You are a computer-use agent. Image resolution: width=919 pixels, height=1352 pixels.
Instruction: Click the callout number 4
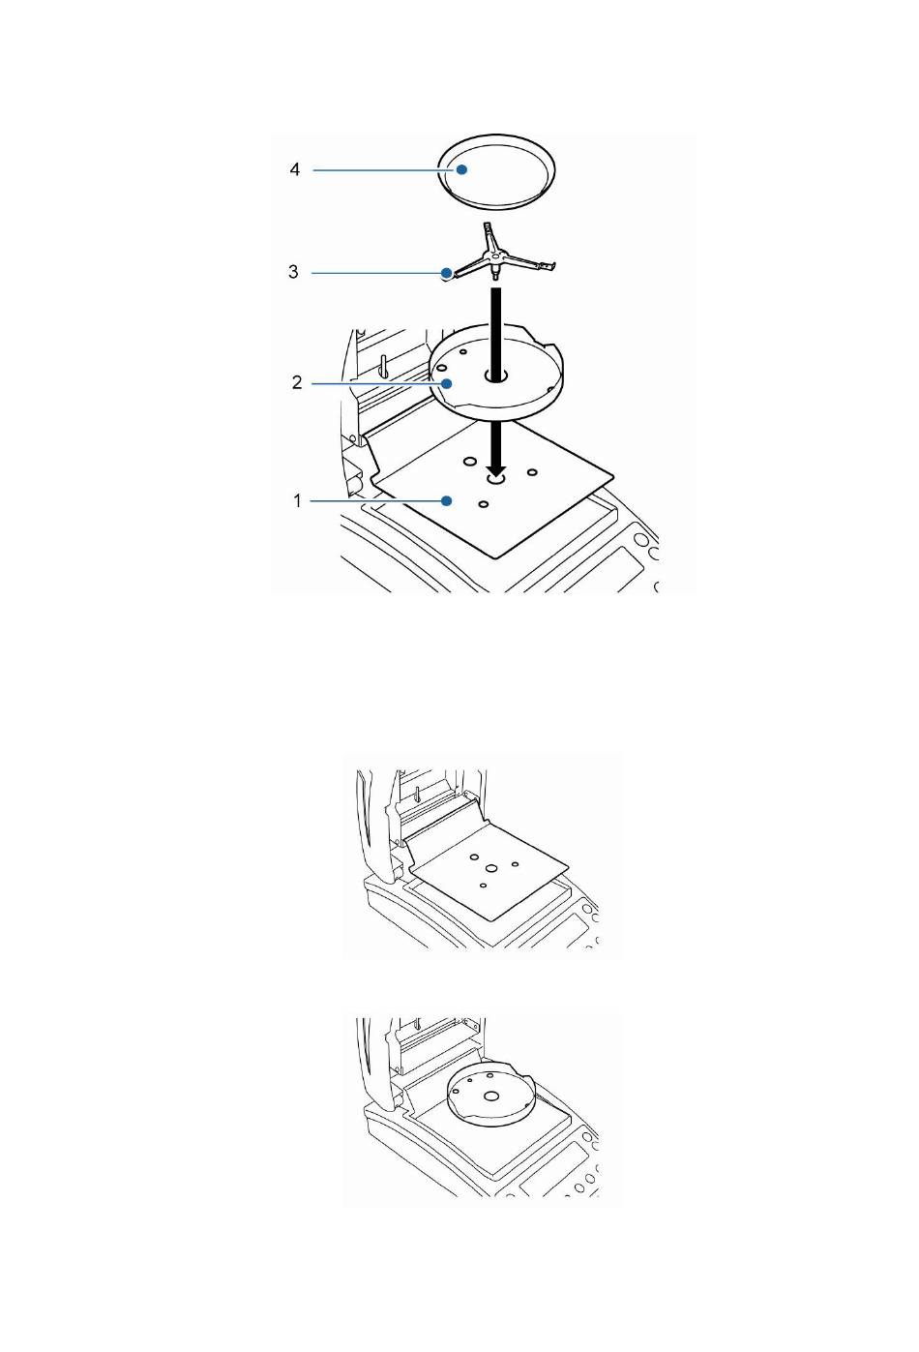(x=294, y=169)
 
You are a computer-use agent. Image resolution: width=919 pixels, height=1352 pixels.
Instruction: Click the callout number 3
(x=293, y=272)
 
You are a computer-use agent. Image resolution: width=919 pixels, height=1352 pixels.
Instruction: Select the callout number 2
(x=296, y=382)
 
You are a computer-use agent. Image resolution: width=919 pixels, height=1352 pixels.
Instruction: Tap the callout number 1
(x=297, y=500)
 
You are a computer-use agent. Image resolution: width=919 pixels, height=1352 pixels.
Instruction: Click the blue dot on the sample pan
(x=461, y=169)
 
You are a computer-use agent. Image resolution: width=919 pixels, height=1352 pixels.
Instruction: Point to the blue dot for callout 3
(x=447, y=272)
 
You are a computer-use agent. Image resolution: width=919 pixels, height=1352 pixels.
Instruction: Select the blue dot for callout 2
(x=447, y=383)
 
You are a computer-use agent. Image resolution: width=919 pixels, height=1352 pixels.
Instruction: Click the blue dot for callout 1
(x=447, y=500)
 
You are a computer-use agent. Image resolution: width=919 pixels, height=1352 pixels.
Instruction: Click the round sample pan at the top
(x=496, y=172)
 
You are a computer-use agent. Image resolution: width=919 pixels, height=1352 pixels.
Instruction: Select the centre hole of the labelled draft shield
(x=495, y=376)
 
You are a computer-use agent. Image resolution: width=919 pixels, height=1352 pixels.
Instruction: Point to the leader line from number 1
(x=375, y=500)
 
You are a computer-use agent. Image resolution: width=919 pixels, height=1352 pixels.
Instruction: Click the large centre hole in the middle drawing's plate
(x=491, y=868)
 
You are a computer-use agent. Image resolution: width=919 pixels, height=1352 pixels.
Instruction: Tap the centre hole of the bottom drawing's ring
(x=491, y=1096)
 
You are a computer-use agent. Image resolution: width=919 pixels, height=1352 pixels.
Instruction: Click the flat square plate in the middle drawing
(x=489, y=870)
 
